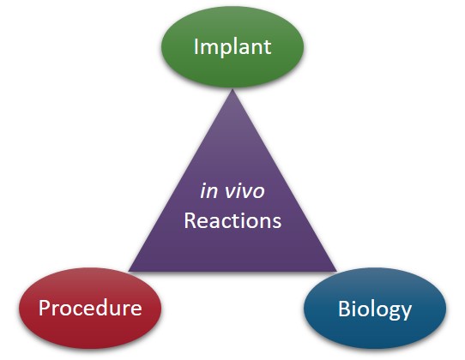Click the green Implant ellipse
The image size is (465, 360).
(232, 47)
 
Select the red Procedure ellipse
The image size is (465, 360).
(90, 309)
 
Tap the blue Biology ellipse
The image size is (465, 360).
(375, 309)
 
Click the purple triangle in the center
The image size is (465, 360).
(232, 207)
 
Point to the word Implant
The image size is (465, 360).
(232, 47)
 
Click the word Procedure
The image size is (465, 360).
(90, 308)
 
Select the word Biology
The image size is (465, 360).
(375, 309)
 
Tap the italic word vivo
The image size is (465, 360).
(245, 191)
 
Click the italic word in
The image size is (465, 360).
(209, 191)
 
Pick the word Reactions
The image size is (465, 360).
(232, 221)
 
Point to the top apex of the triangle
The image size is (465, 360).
(232, 89)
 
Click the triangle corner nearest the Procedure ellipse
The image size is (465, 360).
(129, 271)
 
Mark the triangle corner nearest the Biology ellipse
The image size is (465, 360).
(336, 271)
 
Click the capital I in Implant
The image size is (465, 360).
(196, 46)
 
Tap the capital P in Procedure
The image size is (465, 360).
(45, 308)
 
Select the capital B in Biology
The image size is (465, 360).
(344, 309)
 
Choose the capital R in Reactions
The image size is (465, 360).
(190, 221)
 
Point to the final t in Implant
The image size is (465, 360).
(268, 48)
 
